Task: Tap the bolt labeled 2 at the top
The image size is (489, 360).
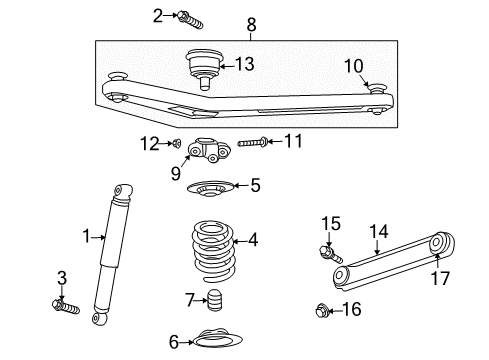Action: click(x=190, y=17)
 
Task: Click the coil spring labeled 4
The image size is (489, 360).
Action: click(x=208, y=255)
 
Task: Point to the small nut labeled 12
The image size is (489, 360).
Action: click(x=177, y=144)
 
